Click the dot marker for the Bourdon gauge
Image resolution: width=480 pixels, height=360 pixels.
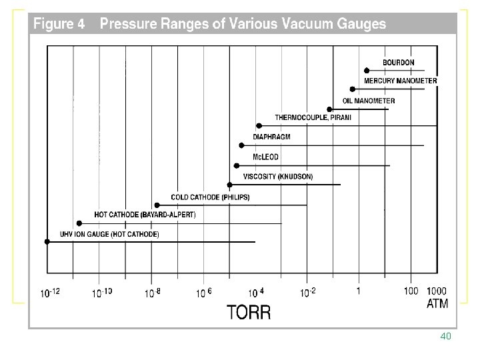367,71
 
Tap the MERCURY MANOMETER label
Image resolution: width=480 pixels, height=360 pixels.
401,81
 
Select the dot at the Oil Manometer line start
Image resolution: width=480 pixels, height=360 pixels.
329,109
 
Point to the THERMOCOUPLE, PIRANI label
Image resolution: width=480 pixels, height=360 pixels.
313,117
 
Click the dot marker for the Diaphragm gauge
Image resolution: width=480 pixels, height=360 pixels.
241,145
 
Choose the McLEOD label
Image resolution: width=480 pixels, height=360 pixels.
265,157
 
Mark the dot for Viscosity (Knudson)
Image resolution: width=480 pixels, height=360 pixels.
229,185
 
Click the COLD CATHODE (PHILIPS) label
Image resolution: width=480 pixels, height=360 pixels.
210,197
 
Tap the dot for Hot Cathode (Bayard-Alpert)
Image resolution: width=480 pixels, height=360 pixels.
79,223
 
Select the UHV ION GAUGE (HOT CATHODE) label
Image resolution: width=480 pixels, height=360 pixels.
109,235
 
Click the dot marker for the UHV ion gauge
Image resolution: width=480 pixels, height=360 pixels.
47,242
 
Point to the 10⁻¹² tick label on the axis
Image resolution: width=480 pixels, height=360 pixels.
50,293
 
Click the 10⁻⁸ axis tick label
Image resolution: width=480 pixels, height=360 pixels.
153,293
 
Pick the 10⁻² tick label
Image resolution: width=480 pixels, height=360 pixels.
307,293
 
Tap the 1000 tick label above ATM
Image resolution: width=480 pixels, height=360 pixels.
437,291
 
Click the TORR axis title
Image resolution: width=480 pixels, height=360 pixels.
249,312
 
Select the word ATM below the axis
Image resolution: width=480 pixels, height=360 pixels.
437,304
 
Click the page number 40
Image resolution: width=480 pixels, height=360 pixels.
446,336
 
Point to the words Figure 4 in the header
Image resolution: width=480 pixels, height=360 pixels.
59,23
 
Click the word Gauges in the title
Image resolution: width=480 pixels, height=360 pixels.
361,24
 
